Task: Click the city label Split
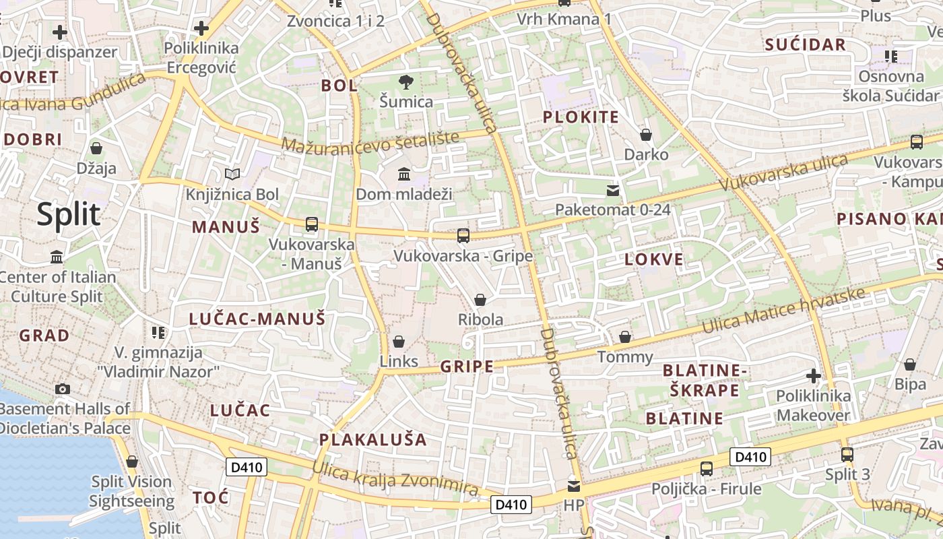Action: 69,214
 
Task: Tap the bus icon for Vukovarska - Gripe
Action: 463,235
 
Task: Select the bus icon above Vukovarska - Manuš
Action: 311,224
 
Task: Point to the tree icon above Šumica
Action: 405,82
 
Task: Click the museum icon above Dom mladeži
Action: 404,174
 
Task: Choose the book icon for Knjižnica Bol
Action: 232,175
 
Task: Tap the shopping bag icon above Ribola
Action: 480,299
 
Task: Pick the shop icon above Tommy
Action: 625,336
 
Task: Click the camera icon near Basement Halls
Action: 63,389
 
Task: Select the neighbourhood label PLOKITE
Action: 581,117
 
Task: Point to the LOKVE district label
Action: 653,259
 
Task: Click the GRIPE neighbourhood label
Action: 466,367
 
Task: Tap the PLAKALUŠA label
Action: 372,440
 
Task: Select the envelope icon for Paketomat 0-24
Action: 613,190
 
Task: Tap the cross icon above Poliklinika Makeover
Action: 814,375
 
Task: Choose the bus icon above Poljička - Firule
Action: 706,468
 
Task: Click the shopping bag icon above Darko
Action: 646,135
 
